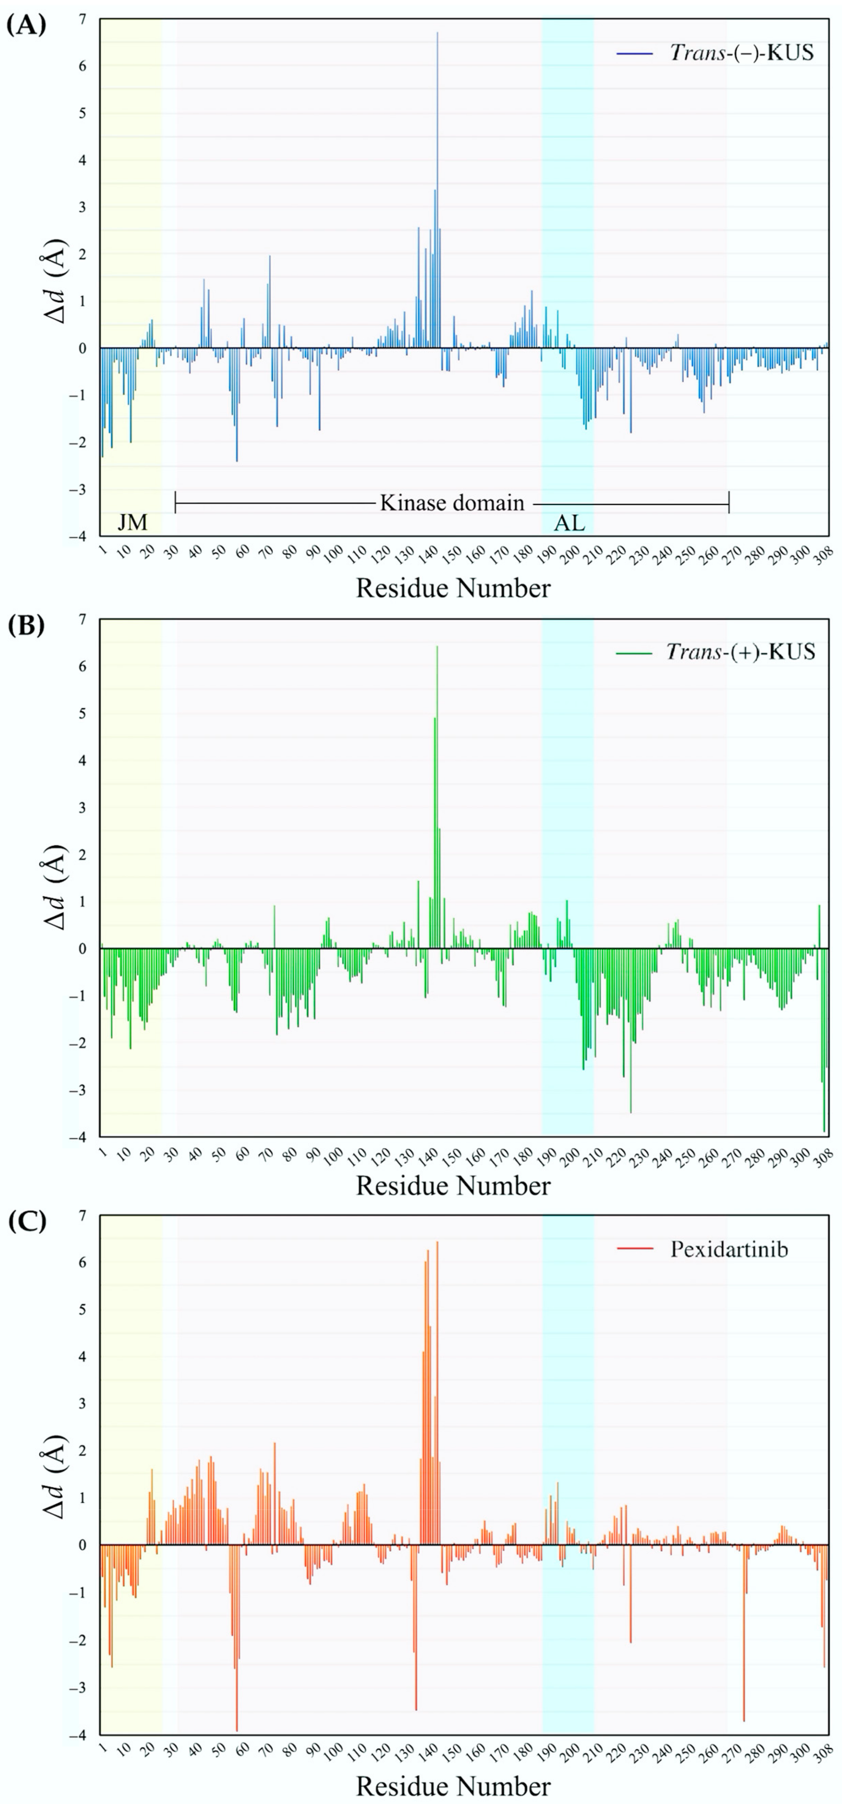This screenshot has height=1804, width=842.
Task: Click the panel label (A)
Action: point(26,27)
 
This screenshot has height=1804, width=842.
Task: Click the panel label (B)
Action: point(26,626)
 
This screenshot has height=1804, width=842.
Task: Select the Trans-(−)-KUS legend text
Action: point(742,53)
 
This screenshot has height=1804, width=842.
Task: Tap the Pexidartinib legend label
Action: point(729,1249)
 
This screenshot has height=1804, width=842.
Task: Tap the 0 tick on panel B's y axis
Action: point(83,949)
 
